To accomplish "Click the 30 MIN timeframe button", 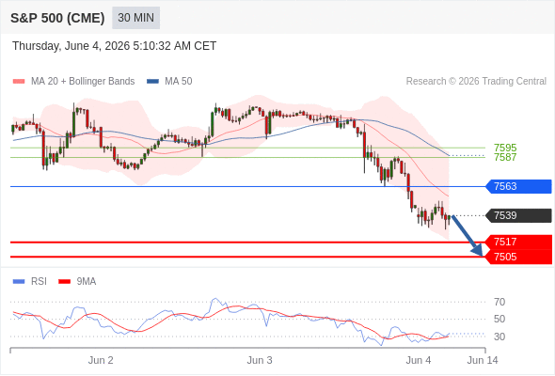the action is click(x=135, y=18).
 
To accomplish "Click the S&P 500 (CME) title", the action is click(x=57, y=18).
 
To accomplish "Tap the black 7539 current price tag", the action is click(x=518, y=215).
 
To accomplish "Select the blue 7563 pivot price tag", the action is click(x=518, y=186).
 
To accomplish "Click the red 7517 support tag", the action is click(x=518, y=242).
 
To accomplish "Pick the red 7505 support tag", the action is click(x=518, y=257).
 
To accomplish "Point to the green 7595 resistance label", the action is click(x=505, y=148).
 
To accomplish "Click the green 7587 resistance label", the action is click(x=505, y=157).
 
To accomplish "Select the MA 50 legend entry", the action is click(x=169, y=82).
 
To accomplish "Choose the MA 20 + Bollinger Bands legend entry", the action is click(x=73, y=82).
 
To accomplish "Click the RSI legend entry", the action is click(x=30, y=282).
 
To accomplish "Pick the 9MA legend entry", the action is click(x=77, y=282).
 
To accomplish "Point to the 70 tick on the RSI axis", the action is click(x=499, y=302).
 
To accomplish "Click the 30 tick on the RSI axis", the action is click(x=499, y=337).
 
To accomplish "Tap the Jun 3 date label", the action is click(x=260, y=360).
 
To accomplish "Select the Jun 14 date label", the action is click(x=483, y=360).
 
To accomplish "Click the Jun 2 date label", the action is click(x=101, y=360).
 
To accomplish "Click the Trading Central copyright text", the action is click(x=476, y=82).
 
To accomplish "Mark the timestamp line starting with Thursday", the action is click(x=115, y=46).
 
